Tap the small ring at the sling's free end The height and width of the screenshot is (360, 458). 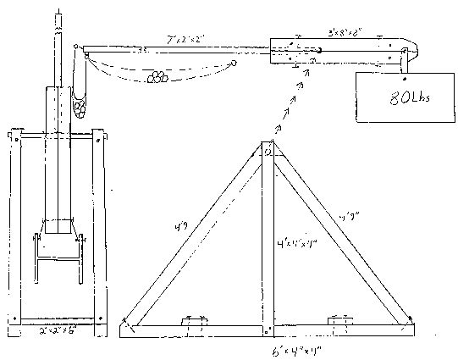tap(234, 62)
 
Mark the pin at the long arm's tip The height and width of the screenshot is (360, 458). tap(76, 47)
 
